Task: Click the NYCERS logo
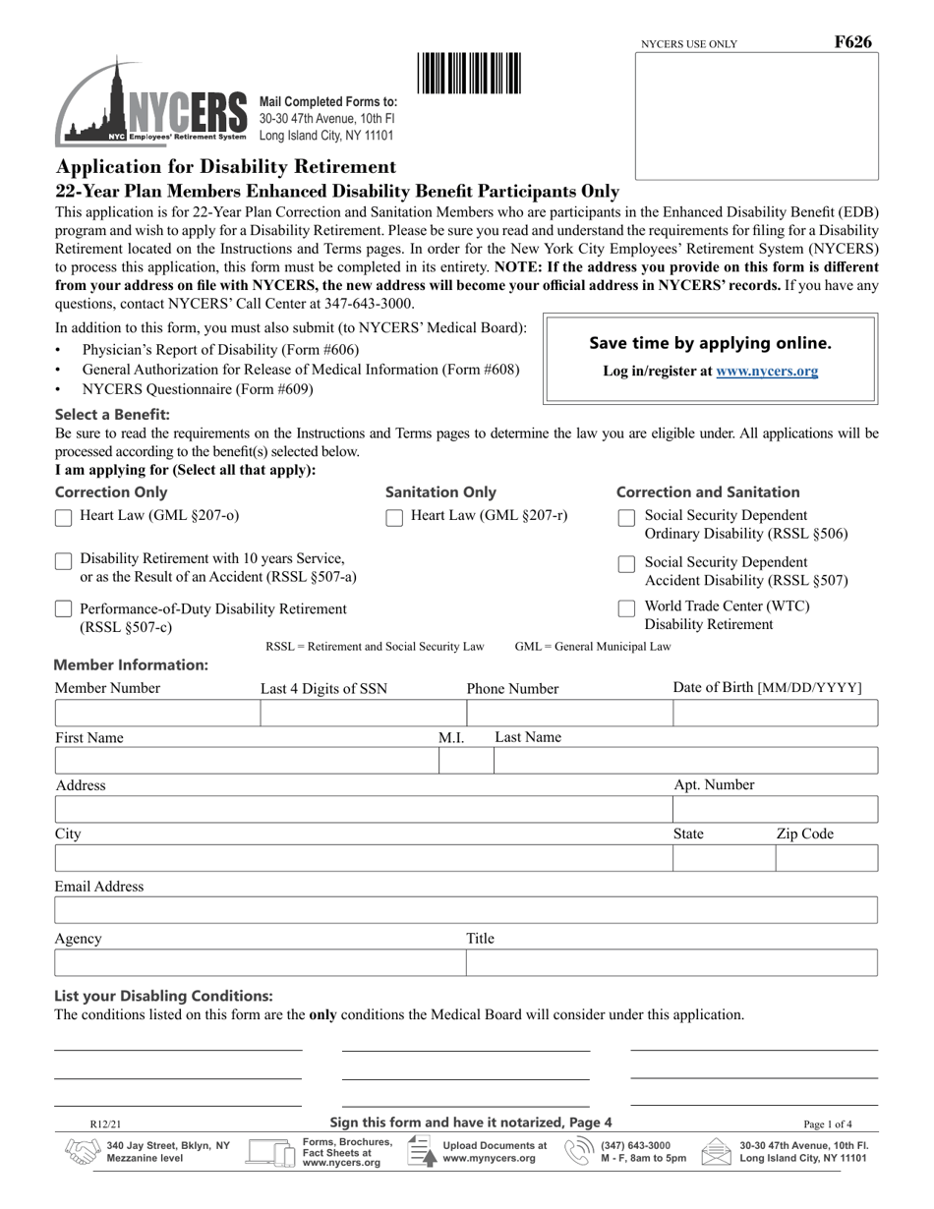point(150,104)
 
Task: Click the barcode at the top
point(470,74)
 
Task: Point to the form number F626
point(851,42)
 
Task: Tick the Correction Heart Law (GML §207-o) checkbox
point(63,518)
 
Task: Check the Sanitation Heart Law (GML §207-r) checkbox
point(394,518)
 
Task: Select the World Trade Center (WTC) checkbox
point(626,608)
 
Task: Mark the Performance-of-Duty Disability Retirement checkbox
point(63,610)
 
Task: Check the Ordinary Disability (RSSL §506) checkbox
point(626,518)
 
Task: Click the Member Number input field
point(156,714)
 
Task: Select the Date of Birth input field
point(775,714)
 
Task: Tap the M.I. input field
point(465,761)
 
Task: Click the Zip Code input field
point(826,858)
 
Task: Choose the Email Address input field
point(465,910)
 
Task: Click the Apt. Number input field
point(775,809)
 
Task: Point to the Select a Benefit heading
point(112,415)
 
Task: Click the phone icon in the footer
point(578,1151)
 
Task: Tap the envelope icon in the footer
point(715,1151)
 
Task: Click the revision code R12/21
point(105,1124)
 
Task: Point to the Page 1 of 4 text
point(828,1124)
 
